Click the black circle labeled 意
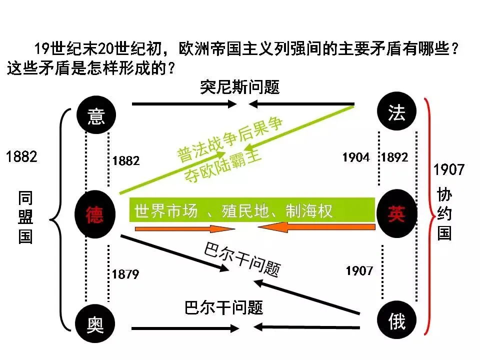click(96, 115)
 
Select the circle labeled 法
click(396, 113)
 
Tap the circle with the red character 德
click(95, 215)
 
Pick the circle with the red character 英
click(396, 214)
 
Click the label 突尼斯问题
click(239, 87)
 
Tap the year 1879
click(125, 274)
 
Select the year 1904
click(356, 157)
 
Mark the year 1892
click(394, 157)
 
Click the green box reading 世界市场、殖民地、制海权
click(252, 210)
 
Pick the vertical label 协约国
click(444, 214)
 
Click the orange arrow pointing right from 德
click(185, 229)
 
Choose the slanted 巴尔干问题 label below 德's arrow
click(242, 260)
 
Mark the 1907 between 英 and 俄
click(359, 270)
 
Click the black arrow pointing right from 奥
click(185, 328)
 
